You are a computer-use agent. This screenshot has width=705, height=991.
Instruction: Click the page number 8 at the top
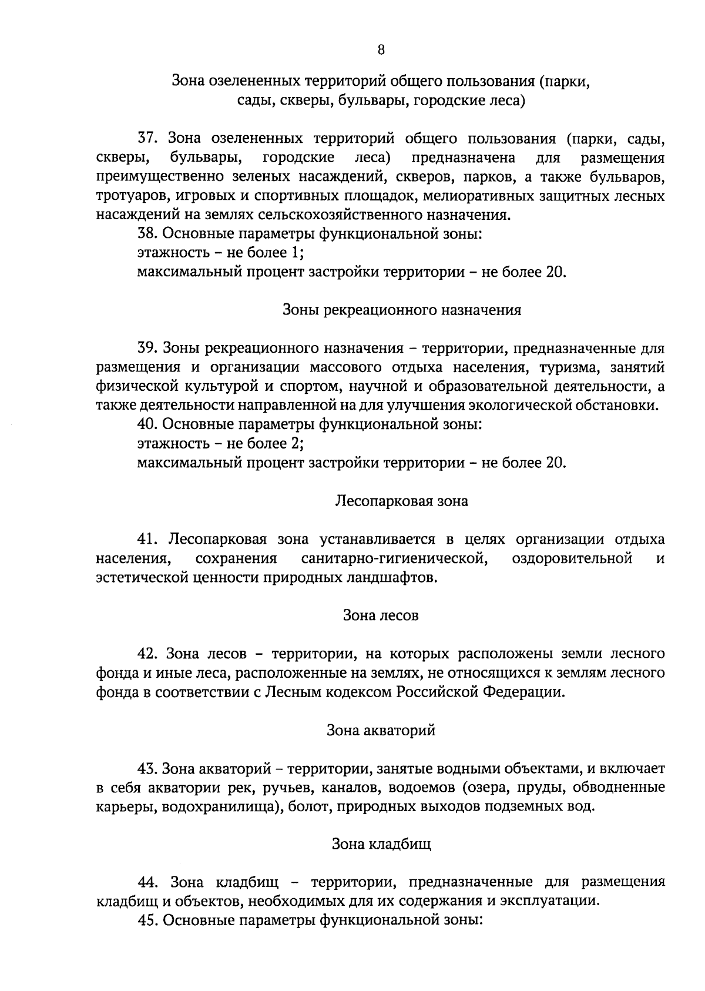(381, 50)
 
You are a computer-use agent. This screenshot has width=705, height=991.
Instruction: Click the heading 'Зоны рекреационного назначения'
(402, 310)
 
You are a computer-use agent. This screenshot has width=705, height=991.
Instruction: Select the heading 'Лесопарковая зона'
(402, 501)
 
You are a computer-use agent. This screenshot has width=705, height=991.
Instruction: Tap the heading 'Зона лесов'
(381, 615)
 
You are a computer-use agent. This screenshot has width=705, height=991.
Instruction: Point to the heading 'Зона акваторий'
(381, 730)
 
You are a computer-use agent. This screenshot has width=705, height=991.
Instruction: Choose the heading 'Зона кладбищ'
(381, 845)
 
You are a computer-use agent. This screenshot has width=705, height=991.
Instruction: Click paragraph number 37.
(146, 139)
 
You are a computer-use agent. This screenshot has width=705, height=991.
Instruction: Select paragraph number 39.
(146, 348)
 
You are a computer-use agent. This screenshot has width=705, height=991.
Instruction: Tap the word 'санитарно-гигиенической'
(394, 558)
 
